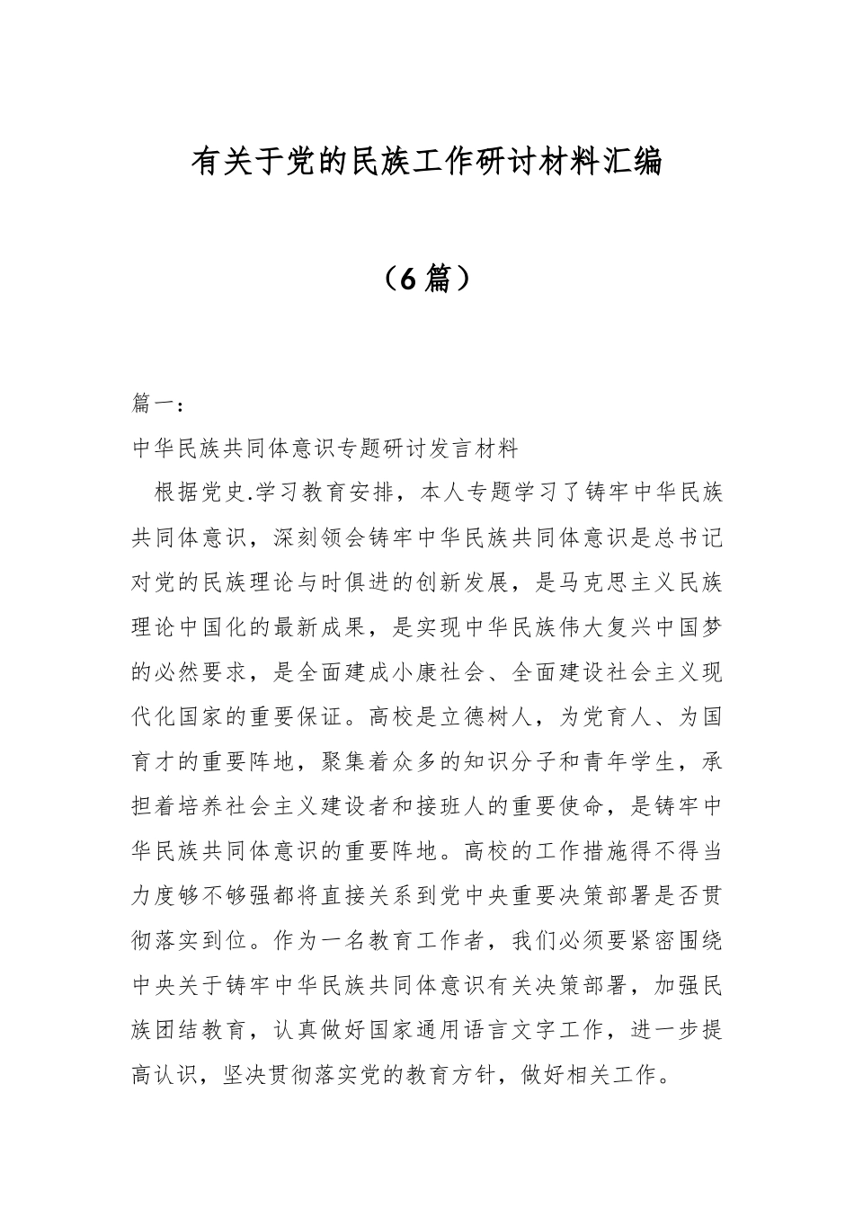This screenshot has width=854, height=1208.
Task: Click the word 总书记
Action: pyautogui.click(x=688, y=537)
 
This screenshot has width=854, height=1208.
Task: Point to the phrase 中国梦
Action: pyautogui.click(x=688, y=627)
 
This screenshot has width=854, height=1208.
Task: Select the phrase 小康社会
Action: pyautogui.click(x=438, y=672)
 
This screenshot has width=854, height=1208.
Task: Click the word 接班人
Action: pyautogui.click(x=449, y=807)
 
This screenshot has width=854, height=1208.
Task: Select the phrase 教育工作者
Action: pyautogui.click(x=426, y=941)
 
